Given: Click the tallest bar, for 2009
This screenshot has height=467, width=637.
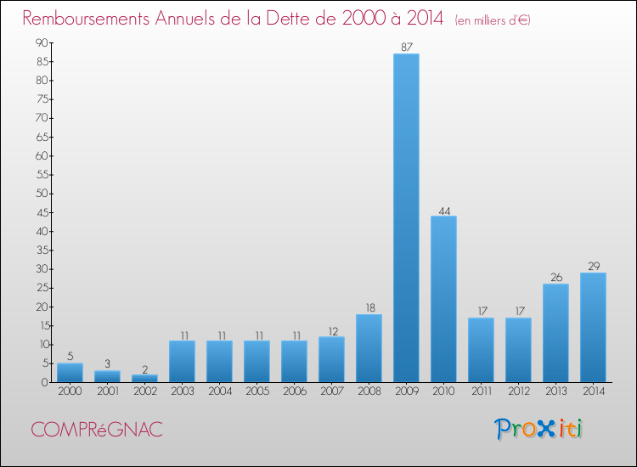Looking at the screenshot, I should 406,218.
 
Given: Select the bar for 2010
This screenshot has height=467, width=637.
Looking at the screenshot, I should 443,299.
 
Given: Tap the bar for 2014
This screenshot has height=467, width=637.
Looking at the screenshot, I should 593,327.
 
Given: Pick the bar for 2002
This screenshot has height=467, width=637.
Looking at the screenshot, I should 144,379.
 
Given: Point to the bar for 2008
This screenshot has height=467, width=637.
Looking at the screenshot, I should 369,348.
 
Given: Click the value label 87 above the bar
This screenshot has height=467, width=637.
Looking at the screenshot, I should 406,47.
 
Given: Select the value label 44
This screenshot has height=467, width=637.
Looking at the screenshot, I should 443,209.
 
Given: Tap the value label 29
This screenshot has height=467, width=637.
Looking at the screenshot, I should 593,266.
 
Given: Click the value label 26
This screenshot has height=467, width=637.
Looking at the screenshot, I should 555,277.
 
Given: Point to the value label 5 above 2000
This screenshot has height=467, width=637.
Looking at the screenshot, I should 70,357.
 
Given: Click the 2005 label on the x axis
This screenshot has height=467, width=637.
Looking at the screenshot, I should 256,391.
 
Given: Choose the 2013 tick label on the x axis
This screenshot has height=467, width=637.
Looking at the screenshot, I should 555,391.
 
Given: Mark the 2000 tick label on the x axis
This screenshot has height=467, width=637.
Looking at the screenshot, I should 70,391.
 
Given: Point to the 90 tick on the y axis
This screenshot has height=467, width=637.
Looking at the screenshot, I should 42,43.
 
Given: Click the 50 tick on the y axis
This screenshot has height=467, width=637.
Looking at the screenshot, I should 42,194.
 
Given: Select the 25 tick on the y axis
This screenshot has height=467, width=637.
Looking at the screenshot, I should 42,288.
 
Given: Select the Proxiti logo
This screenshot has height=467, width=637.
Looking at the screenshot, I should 539,429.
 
